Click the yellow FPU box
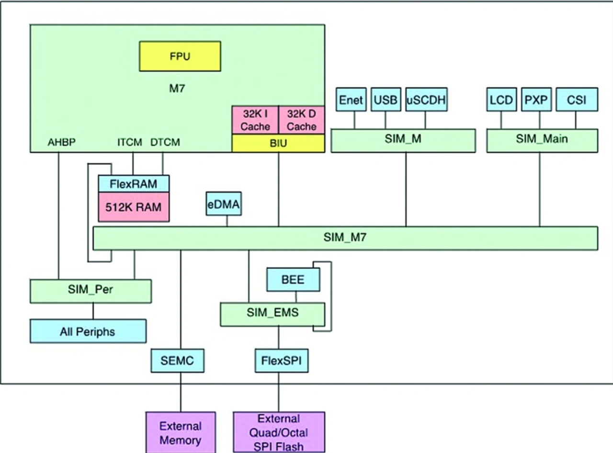coord(180,56)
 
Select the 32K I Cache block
coord(255,120)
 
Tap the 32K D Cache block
coord(302,120)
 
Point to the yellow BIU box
coord(278,143)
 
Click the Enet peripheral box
coord(351,100)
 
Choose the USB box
coord(386,100)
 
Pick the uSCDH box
coord(426,100)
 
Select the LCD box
coord(501,100)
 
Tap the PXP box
coord(536,100)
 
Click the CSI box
coord(576,100)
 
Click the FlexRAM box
coord(134,183)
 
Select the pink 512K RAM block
coord(134,207)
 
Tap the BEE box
coord(293,279)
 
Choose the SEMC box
coord(177,361)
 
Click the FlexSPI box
coord(281,361)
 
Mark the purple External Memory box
coord(181,432)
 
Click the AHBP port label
coord(62,142)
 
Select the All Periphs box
coord(88,331)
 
